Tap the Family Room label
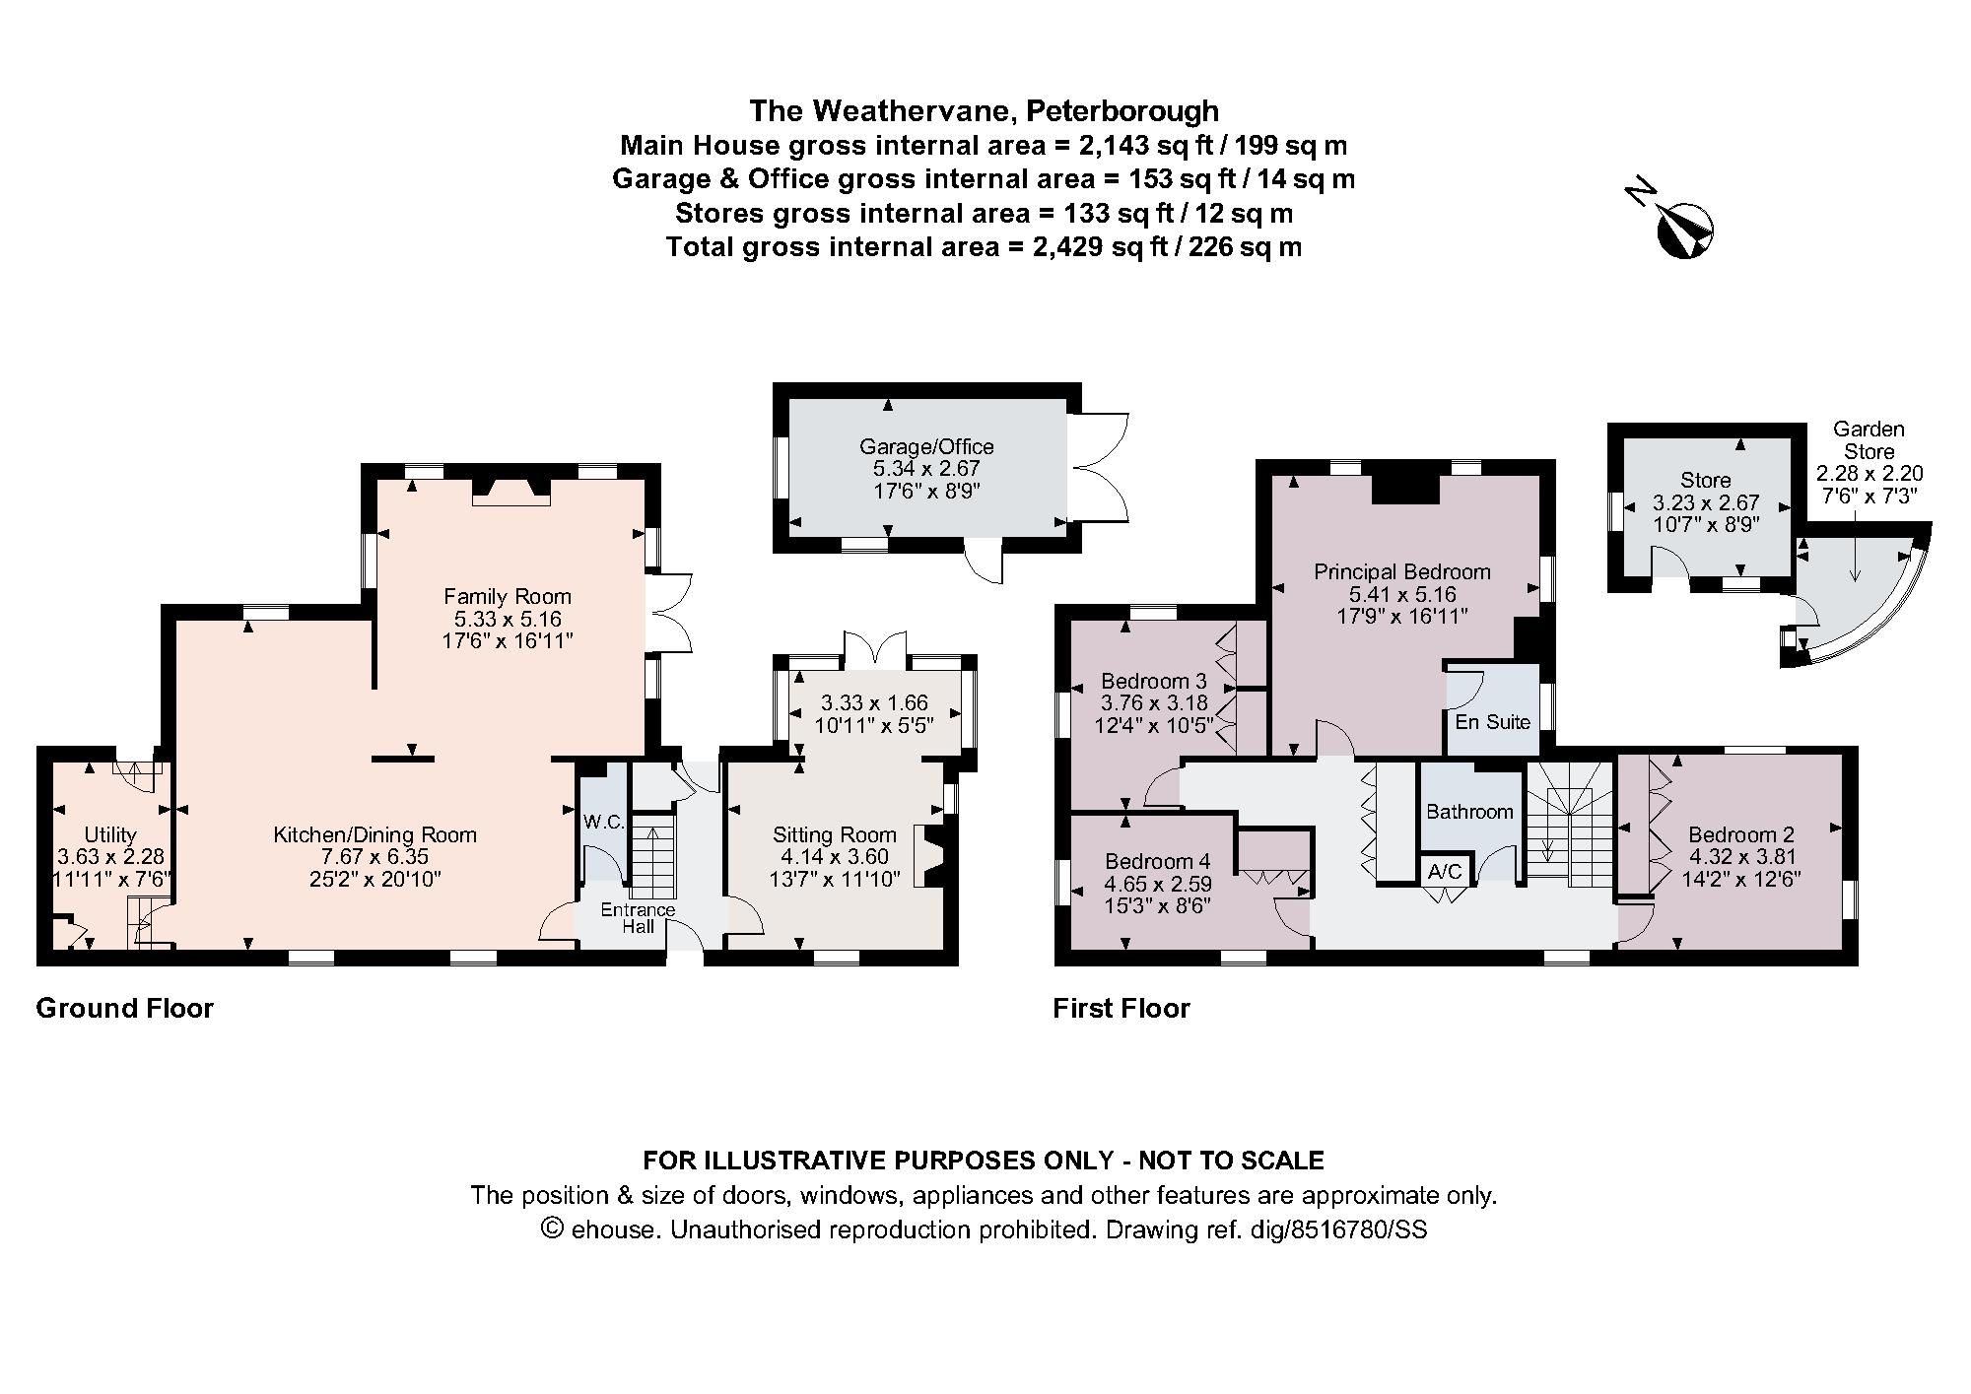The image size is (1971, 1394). (507, 596)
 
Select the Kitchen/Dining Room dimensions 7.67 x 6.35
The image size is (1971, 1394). (374, 857)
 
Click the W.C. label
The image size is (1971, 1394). (603, 822)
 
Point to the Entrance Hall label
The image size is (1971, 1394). (638, 917)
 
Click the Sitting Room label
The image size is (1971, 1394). (834, 834)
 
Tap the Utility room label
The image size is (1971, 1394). (109, 834)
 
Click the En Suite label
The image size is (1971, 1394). (1492, 721)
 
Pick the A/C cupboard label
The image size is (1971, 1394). (1445, 872)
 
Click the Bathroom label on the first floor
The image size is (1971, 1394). (1469, 812)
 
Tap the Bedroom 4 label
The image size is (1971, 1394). (1157, 861)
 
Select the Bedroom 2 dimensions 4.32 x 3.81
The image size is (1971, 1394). (1740, 857)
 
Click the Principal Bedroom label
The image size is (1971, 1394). (1401, 571)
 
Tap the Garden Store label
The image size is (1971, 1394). (1869, 440)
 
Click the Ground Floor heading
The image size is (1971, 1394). (124, 1008)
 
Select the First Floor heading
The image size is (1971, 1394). (1121, 1008)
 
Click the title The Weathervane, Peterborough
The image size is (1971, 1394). (984, 110)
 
